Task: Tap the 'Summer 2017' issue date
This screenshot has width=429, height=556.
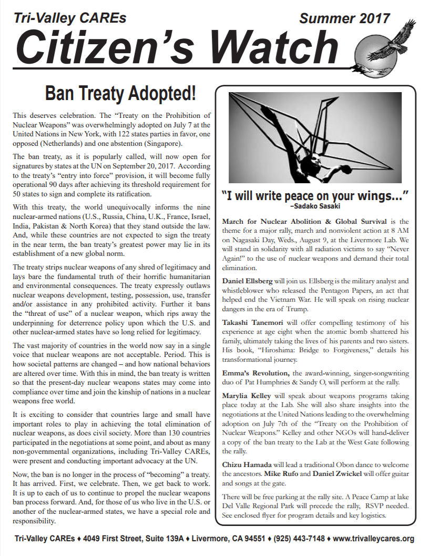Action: [344, 19]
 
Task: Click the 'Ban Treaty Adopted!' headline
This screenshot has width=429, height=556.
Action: [120, 93]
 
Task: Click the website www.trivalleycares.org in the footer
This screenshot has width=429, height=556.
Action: [374, 539]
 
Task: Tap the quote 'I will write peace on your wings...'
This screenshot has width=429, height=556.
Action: [314, 196]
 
